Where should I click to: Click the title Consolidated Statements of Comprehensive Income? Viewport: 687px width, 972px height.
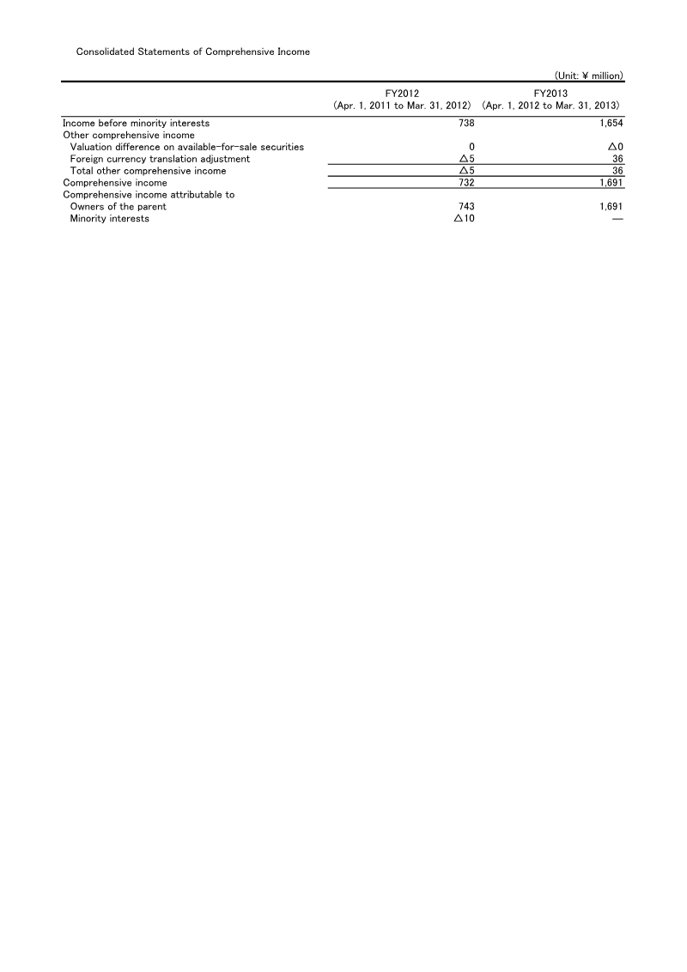pos(193,52)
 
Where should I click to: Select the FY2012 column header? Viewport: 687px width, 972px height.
pos(402,93)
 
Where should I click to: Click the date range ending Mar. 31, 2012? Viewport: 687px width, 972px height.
pos(402,105)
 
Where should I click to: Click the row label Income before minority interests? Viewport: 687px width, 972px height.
pos(137,124)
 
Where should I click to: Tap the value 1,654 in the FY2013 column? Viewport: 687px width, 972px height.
pos(611,124)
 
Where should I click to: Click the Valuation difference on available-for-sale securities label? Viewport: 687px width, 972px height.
pos(186,147)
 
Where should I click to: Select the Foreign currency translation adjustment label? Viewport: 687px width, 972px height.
pos(160,159)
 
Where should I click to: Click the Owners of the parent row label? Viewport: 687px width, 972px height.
pos(118,207)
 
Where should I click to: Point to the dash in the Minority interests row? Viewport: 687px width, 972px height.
pos(617,219)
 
